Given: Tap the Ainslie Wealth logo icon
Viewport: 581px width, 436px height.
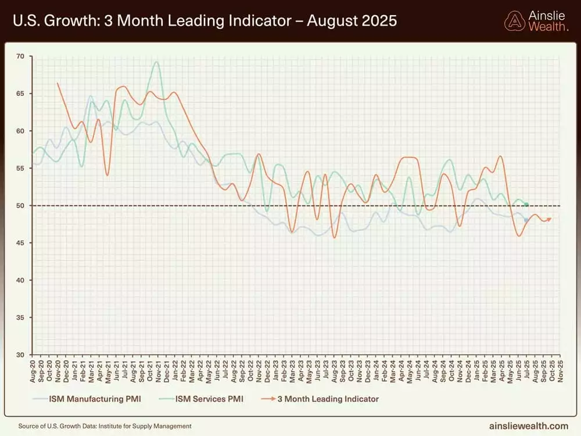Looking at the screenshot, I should (x=514, y=21).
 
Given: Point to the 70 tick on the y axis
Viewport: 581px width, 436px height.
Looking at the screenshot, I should (x=21, y=56).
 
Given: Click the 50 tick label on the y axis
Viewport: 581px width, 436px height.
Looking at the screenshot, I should (x=21, y=206).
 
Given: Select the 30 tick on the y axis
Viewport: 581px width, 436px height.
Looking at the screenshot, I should (x=21, y=355).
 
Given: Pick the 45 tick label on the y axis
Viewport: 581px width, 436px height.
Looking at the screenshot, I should (x=21, y=243).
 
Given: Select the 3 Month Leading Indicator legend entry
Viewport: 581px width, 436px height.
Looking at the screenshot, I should (x=326, y=399).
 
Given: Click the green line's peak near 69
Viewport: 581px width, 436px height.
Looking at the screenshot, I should (x=156, y=62).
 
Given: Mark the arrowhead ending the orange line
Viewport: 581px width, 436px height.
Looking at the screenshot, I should (x=549, y=219).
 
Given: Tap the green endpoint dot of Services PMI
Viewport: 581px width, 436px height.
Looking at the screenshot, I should (x=526, y=204).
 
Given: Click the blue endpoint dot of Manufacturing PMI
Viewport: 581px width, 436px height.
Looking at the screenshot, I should (x=526, y=220).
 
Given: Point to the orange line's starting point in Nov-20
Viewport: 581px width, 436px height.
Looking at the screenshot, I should (x=58, y=83).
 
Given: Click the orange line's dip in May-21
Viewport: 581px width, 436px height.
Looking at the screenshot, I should (x=107, y=175).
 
